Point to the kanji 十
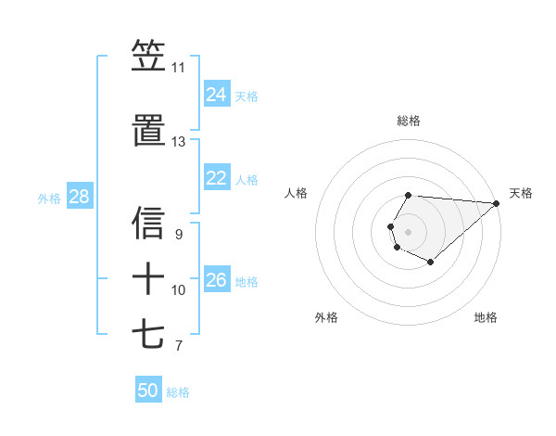[148, 277]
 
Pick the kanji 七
[148, 333]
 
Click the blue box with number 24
[217, 95]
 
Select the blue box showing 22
[217, 178]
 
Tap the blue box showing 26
[217, 280]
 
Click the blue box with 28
[79, 197]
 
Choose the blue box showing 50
[148, 391]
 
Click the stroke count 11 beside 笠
[178, 68]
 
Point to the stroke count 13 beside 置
[178, 142]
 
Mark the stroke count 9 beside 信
[178, 235]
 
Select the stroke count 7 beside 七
[178, 346]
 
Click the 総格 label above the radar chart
[409, 121]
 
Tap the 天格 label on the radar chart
[521, 193]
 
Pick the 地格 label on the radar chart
[486, 317]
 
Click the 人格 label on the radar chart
[297, 193]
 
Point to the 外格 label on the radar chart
[326, 317]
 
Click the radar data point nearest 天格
[497, 203]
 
